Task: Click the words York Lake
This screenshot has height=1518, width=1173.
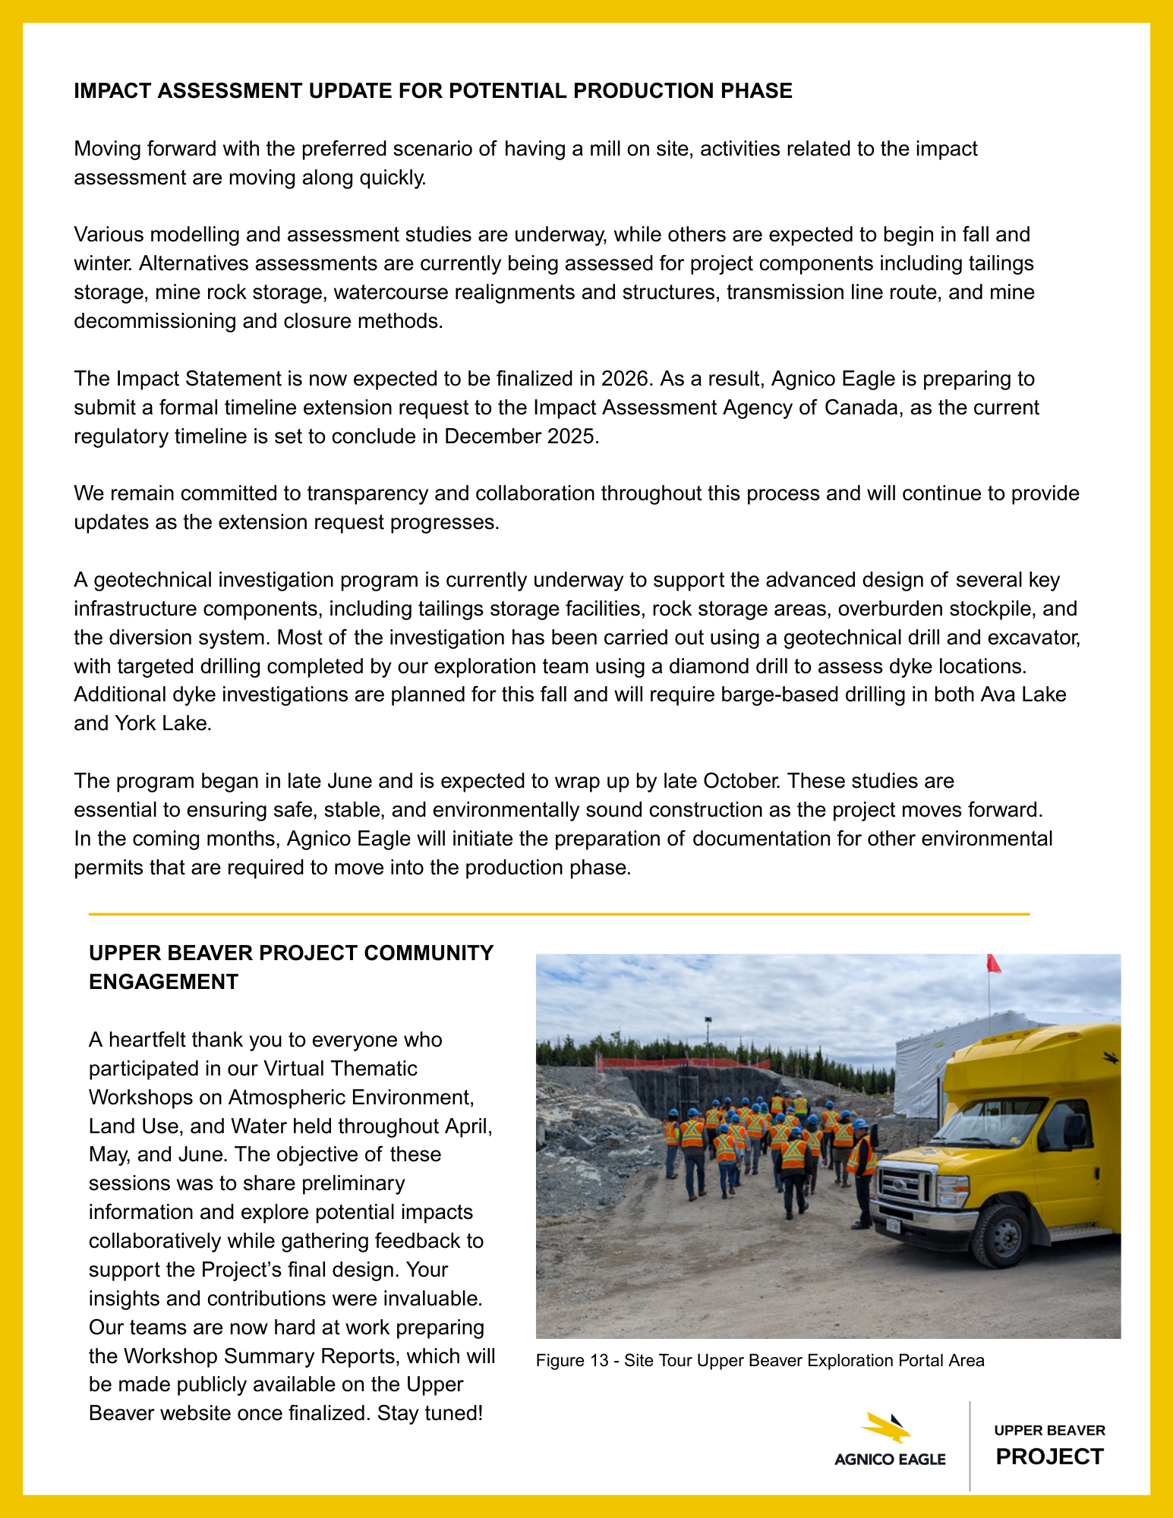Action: click(x=162, y=723)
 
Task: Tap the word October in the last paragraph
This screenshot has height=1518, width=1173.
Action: click(x=739, y=781)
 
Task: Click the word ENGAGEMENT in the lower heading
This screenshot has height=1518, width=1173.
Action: click(x=163, y=982)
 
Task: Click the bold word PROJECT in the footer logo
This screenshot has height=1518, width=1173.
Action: click(x=1049, y=1457)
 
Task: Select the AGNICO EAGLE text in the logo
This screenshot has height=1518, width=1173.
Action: click(x=890, y=1460)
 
